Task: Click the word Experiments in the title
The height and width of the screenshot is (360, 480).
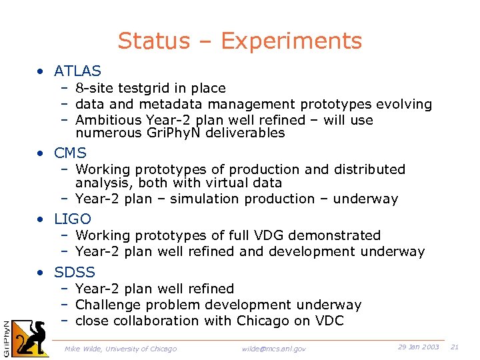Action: (291, 41)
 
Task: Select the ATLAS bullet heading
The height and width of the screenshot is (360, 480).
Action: (78, 71)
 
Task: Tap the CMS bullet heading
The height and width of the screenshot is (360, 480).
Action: (71, 153)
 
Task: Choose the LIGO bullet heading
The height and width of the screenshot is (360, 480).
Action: (73, 219)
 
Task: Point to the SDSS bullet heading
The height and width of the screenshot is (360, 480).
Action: (75, 272)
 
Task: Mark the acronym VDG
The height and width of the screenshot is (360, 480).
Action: (258, 235)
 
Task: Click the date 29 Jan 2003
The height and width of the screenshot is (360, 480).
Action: (418, 347)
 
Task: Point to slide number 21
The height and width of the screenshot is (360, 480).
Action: (455, 347)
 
